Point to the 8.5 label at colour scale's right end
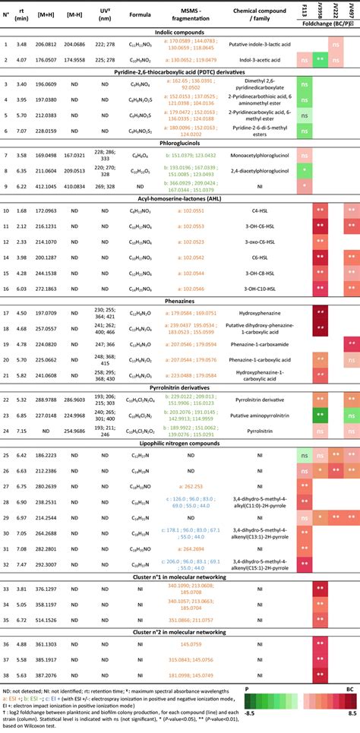pyautogui.click(x=351, y=713)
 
